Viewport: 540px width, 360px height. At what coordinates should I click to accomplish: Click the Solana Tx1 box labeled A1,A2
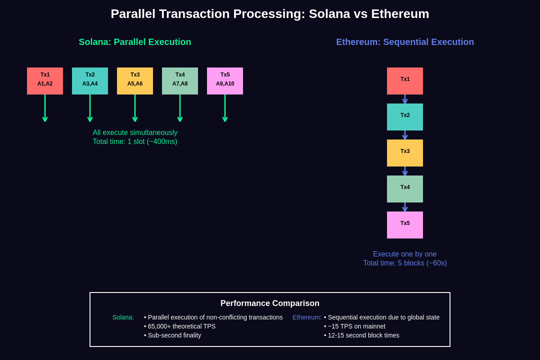pos(45,81)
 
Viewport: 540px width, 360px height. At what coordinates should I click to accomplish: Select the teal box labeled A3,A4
pos(90,81)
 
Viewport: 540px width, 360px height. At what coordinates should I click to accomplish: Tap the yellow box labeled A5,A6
pos(135,81)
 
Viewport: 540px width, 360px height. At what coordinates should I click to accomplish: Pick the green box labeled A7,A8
pos(180,81)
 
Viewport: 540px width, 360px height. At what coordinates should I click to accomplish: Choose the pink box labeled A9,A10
pos(225,81)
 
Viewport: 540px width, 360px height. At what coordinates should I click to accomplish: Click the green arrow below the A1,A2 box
pos(45,108)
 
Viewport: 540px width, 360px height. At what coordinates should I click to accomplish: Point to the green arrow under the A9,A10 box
pos(225,108)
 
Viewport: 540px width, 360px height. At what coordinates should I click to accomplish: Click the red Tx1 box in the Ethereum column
pos(405,81)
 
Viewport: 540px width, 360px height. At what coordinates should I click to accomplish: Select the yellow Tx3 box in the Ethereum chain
pos(405,153)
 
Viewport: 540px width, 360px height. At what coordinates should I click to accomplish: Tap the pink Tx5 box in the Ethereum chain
pos(405,225)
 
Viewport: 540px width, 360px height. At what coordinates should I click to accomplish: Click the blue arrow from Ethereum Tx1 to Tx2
pos(405,99)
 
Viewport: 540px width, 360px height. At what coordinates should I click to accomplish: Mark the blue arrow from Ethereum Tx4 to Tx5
pos(405,207)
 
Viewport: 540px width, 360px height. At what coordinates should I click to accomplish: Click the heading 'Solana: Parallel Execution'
pos(135,42)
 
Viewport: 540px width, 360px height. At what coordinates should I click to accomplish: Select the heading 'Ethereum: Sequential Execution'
pos(405,42)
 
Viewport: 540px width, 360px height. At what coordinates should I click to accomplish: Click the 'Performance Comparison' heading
pos(270,303)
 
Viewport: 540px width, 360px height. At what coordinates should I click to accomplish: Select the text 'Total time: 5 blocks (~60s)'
pos(405,263)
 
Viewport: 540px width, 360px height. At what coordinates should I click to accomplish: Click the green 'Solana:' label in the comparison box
pos(123,317)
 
